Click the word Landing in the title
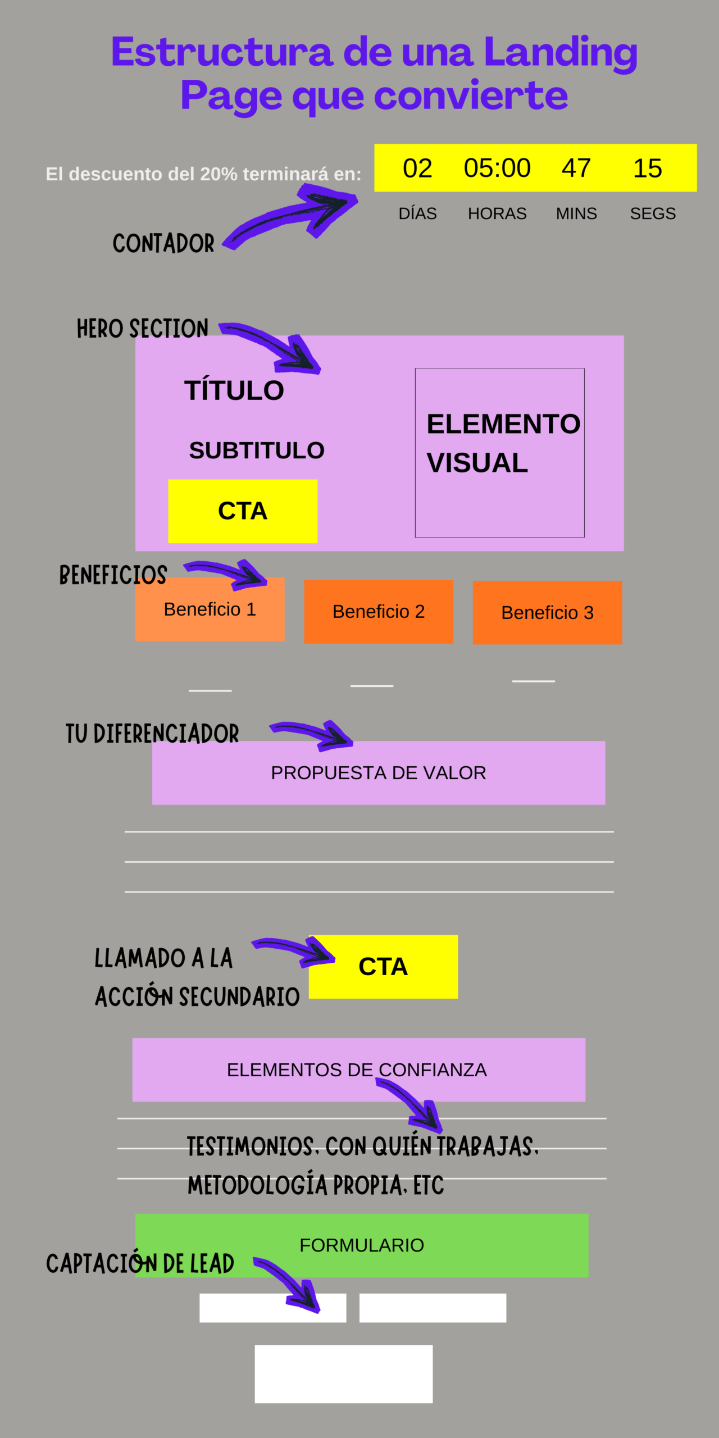pos(560,52)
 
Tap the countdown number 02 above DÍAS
pos(417,169)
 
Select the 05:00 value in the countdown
pos(497,168)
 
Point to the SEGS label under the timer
pos(653,213)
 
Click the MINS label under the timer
pos(576,213)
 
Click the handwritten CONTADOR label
pos(163,243)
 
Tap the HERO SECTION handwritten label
pos(142,329)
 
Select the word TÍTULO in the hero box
pos(234,390)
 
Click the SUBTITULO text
pos(257,450)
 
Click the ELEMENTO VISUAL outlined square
pos(499,453)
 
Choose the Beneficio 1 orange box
pos(210,609)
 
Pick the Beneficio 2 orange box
pos(379,612)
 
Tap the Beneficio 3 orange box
pos(547,613)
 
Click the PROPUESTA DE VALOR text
pos(378,773)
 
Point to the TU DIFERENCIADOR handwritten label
pos(152,734)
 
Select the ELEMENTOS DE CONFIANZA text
pos(357,1070)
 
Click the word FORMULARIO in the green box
pos(361,1245)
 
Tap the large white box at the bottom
pos(343,1373)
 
